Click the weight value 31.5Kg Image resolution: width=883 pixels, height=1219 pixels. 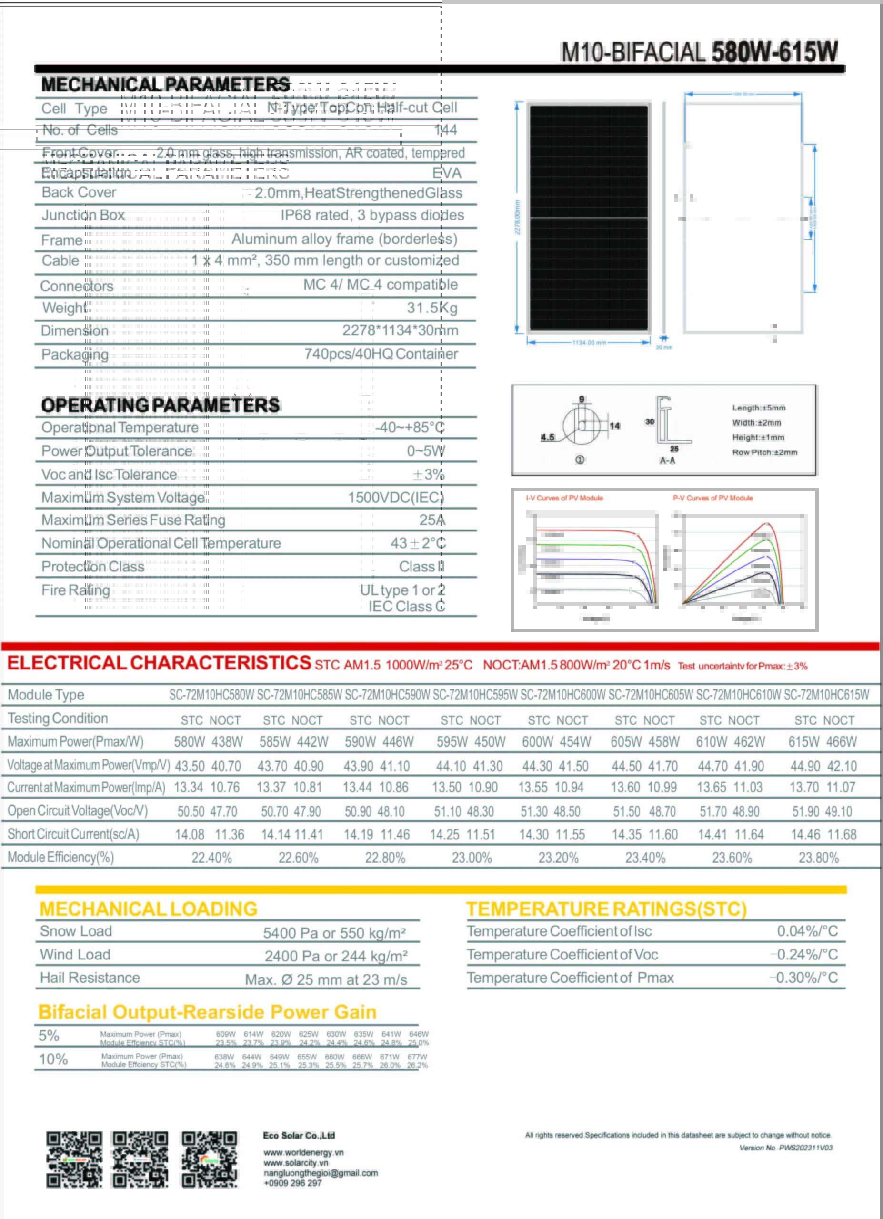pyautogui.click(x=431, y=308)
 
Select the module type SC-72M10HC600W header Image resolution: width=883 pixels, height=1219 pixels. pyautogui.click(x=562, y=695)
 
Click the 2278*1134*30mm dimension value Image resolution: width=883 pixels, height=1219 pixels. pyautogui.click(x=400, y=330)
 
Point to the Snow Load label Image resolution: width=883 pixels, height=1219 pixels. pyautogui.click(x=76, y=931)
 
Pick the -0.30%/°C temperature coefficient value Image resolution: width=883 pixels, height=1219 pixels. pyautogui.click(x=803, y=978)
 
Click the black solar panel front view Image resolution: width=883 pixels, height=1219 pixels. pyautogui.click(x=589, y=218)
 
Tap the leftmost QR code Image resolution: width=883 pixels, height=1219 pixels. pyautogui.click(x=74, y=1159)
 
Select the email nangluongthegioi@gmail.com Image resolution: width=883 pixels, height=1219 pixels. pyautogui.click(x=321, y=1173)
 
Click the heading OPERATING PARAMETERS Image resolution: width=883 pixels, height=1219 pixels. pyautogui.click(x=160, y=405)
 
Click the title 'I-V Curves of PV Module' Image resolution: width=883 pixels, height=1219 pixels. pyautogui.click(x=564, y=498)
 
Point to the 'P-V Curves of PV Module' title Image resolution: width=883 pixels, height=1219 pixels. pyautogui.click(x=712, y=498)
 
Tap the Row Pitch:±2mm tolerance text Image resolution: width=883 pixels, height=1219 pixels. pyautogui.click(x=764, y=452)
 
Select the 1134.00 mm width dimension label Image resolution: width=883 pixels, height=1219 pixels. pyautogui.click(x=589, y=343)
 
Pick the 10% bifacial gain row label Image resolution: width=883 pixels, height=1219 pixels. pyautogui.click(x=53, y=1059)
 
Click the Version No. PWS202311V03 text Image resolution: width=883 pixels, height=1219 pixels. pyautogui.click(x=786, y=1148)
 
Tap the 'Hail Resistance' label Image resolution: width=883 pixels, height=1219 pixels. pyautogui.click(x=90, y=978)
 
